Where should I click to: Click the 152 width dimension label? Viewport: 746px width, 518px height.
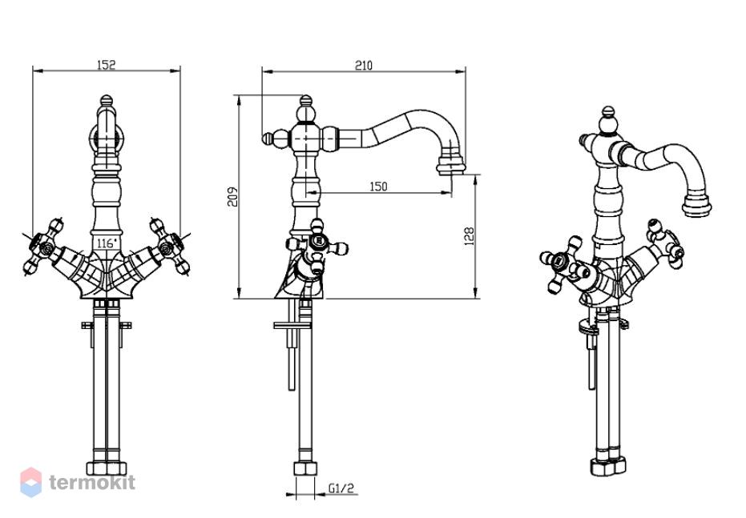(x=106, y=65)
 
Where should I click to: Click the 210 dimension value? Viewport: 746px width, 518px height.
(x=364, y=65)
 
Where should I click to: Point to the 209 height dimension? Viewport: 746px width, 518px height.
(x=232, y=196)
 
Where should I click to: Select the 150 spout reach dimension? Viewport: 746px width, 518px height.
(x=378, y=187)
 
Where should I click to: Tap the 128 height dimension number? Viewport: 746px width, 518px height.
(x=469, y=236)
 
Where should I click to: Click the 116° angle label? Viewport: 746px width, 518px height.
(x=107, y=243)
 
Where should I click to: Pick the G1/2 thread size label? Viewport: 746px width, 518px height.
(x=341, y=488)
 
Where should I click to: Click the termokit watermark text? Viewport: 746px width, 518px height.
(x=92, y=482)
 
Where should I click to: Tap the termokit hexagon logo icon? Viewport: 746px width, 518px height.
(x=31, y=482)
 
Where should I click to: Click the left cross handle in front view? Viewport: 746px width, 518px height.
(x=44, y=247)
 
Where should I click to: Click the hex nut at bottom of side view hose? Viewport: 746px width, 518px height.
(x=305, y=468)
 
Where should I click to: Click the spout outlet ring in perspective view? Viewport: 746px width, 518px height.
(x=696, y=205)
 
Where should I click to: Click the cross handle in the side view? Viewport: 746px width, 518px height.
(x=317, y=246)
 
